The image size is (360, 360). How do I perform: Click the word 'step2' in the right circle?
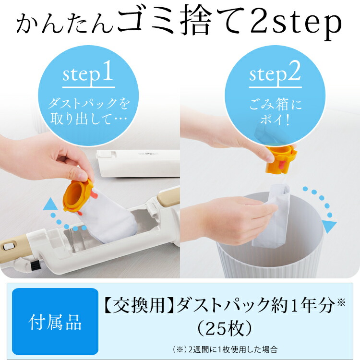point(275,74)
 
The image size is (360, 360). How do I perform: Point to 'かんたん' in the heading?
point(65,24)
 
